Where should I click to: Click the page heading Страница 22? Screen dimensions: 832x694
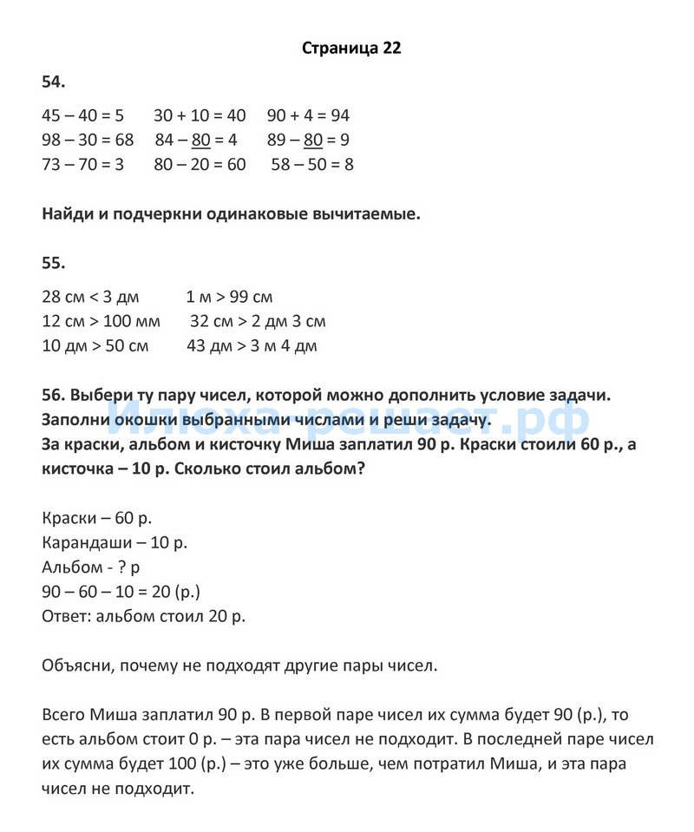pos(351,49)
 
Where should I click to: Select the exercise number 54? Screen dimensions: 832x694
pos(54,82)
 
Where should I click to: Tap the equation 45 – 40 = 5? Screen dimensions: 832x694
pos(83,115)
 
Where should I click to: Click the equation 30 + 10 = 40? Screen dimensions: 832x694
pos(200,115)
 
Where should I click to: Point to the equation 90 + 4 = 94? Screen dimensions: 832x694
pos(308,115)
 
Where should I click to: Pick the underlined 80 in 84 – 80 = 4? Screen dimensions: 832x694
pos(201,140)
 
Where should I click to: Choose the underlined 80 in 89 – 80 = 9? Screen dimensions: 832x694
pos(313,140)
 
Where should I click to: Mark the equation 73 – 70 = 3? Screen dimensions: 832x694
pos(83,164)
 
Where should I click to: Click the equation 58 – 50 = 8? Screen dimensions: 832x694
pos(312,164)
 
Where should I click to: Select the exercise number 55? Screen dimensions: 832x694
pos(54,263)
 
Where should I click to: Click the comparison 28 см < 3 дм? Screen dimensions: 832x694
pos(90,297)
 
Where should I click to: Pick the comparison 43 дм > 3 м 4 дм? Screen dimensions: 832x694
pos(252,346)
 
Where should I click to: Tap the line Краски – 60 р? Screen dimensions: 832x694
pos(96,518)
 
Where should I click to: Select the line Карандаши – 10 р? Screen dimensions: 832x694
pos(115,542)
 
